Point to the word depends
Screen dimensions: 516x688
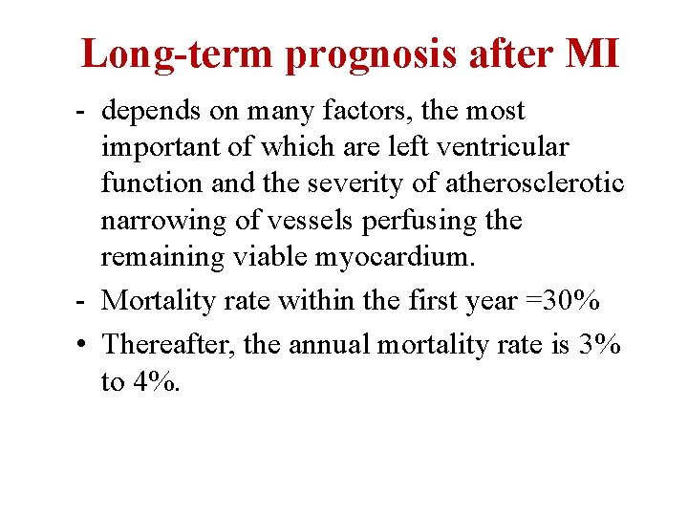point(151,113)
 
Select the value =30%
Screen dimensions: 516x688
point(560,300)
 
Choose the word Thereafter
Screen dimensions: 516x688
point(168,342)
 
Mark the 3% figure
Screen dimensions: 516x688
point(600,342)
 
